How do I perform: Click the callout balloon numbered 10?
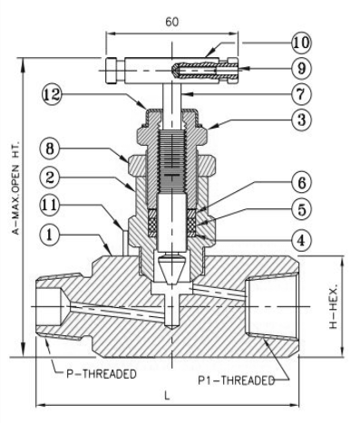click(301, 43)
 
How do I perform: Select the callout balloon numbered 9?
click(301, 69)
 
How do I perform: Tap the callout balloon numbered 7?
click(301, 94)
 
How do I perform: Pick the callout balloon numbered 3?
click(301, 120)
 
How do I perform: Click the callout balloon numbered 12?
click(52, 94)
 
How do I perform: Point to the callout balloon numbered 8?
click(50, 149)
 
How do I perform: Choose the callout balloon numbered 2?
click(50, 178)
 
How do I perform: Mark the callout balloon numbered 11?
click(50, 206)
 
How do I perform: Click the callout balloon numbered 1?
click(50, 235)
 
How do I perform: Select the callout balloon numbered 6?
click(301, 182)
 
